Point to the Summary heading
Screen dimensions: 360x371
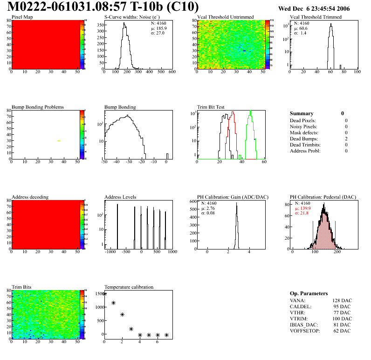tap(302, 113)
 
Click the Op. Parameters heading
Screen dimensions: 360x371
tap(309, 293)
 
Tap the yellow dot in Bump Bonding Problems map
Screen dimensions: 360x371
tap(59, 140)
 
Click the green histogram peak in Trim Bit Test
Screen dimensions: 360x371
tap(250, 111)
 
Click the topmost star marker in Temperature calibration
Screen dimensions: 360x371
tap(104, 294)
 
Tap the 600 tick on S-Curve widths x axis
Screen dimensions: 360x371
tap(172, 72)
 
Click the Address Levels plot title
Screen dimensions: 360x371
tap(120, 197)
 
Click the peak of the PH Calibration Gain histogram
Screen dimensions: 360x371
tap(237, 204)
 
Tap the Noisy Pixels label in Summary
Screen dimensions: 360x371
tap(304, 126)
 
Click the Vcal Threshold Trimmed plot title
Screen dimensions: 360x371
tap(316, 17)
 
